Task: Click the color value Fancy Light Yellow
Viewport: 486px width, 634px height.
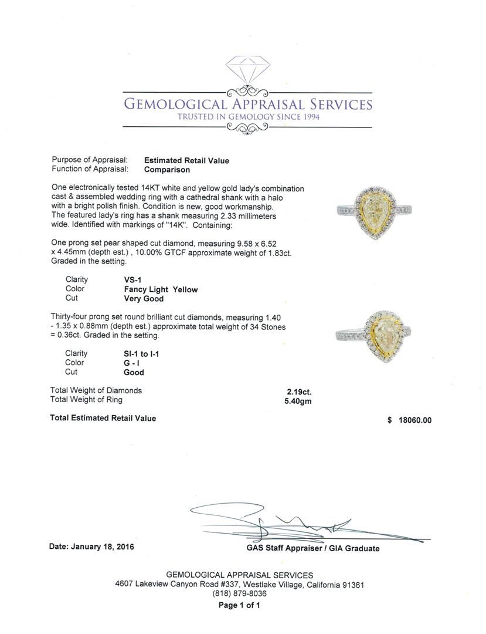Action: [x=157, y=289]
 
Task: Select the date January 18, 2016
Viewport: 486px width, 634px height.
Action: [x=92, y=547]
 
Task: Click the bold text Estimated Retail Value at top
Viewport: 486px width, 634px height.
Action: [x=186, y=160]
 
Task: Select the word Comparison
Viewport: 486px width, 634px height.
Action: [x=167, y=170]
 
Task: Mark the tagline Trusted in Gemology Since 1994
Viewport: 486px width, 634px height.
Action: [x=247, y=117]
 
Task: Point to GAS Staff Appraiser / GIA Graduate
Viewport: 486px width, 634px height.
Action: [x=312, y=548]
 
